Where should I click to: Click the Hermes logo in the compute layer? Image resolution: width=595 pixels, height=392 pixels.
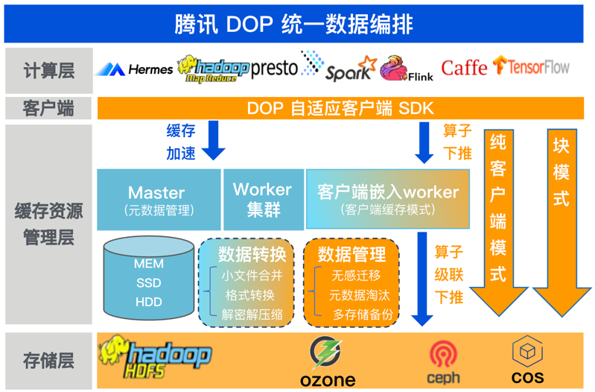point(133,69)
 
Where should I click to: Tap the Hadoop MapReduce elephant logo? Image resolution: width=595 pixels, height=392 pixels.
point(212,69)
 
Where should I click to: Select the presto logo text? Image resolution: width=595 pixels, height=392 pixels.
point(274,69)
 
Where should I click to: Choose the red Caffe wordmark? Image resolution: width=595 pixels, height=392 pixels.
point(464,68)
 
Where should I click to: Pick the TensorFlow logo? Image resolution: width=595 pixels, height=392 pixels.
point(531,67)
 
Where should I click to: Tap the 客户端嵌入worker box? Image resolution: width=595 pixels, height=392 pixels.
point(387,198)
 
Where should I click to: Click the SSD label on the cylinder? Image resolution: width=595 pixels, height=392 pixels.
point(149,282)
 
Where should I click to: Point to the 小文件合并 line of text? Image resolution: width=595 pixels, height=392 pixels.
point(252,275)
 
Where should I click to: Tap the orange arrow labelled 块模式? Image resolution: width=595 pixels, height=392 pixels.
point(561,224)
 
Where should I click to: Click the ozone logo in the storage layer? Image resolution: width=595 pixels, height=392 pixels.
point(328,361)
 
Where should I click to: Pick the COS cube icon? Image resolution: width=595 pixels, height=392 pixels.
point(526,350)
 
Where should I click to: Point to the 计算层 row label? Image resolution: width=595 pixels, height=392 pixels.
point(48,71)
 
